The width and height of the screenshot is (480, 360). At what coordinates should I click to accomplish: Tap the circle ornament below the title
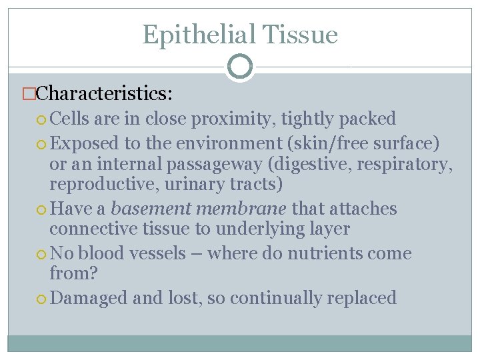(x=239, y=66)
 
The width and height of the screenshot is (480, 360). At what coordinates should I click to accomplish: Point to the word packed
(x=367, y=119)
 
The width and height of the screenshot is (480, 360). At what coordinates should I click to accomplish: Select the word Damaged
(x=89, y=297)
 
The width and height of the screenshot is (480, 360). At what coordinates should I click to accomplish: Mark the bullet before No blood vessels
(x=43, y=254)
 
